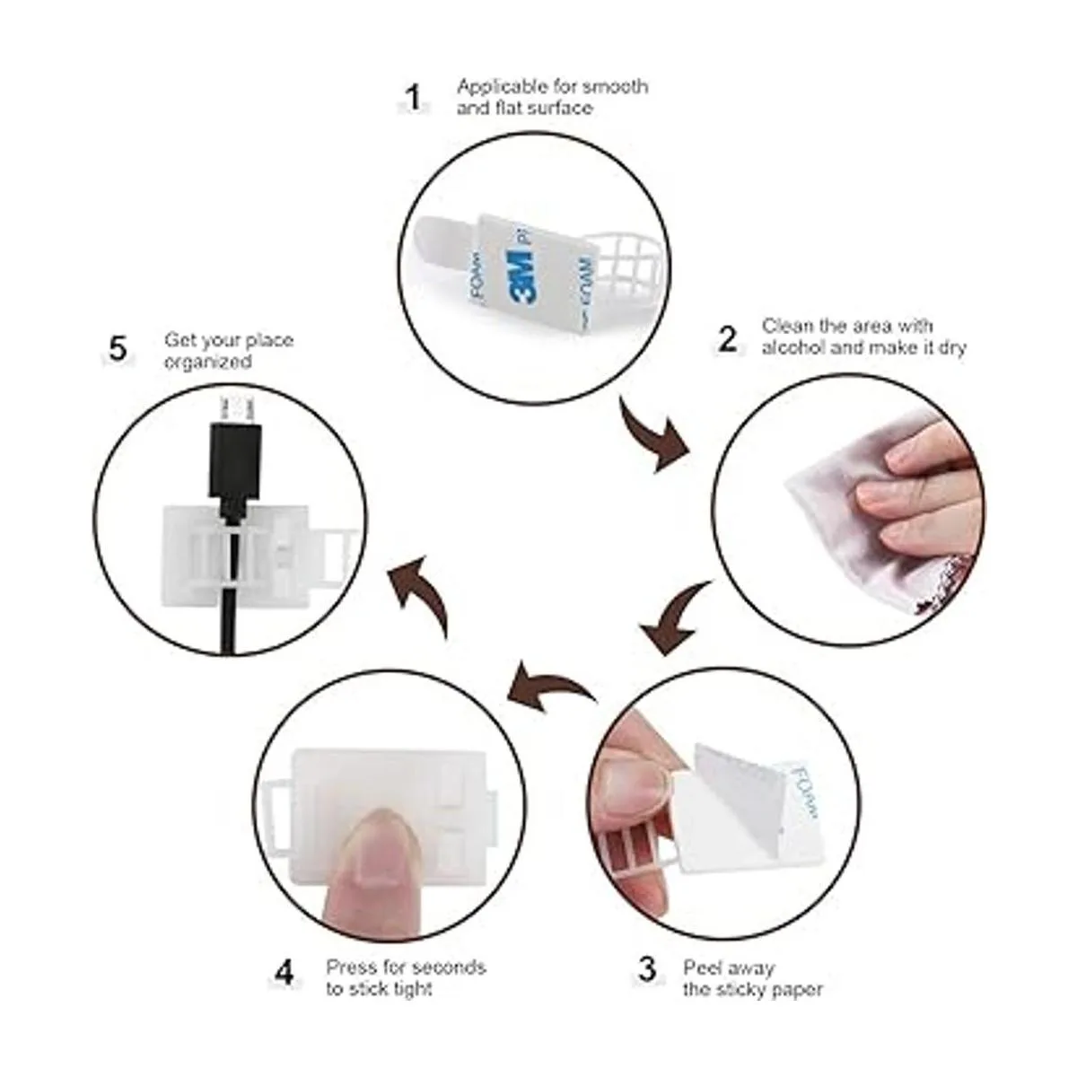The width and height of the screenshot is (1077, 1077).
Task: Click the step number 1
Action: [x=414, y=99]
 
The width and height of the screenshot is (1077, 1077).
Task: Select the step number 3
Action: [x=647, y=969]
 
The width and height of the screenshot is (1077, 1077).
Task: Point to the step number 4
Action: [x=284, y=973]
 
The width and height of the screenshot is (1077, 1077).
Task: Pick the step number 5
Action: [x=118, y=349]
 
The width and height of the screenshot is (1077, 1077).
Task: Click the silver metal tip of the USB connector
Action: [x=236, y=409]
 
